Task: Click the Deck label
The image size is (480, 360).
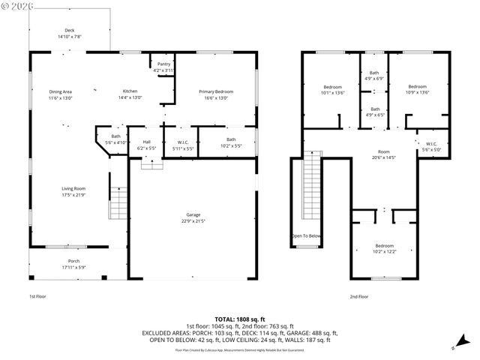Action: coord(69,33)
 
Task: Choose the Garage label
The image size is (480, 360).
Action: coord(193,217)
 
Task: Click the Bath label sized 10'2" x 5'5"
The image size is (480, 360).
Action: coord(231,142)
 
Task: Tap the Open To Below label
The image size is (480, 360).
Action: coord(306,235)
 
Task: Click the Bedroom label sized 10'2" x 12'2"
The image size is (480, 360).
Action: coord(384,248)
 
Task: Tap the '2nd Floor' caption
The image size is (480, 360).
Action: coord(358,296)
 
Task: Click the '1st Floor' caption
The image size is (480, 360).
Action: coord(37,296)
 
